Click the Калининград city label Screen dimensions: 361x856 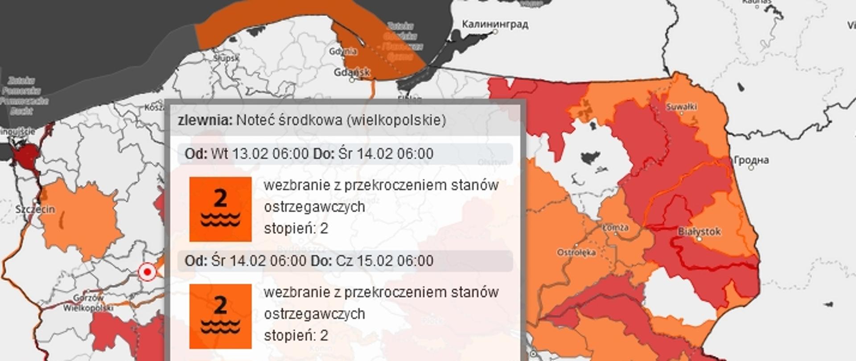point(495,24)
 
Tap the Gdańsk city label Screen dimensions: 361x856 point(352,72)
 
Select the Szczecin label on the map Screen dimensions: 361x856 point(35,209)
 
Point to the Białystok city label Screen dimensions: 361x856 point(699,231)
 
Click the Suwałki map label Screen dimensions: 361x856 point(681,107)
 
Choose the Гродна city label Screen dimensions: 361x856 point(751,160)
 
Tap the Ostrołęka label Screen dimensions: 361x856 point(576,253)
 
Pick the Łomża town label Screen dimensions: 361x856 point(615,228)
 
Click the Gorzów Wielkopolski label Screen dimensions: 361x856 point(88,303)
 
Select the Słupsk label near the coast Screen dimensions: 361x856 point(226,58)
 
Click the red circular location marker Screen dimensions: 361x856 point(147,271)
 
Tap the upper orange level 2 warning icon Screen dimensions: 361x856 point(220,209)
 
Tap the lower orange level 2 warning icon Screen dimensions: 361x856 point(220,316)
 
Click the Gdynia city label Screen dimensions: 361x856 point(343,51)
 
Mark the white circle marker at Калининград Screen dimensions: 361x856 point(495,32)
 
